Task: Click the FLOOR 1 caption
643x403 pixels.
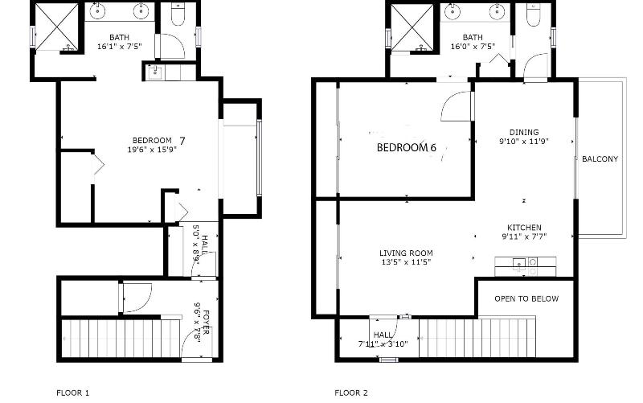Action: tap(72, 393)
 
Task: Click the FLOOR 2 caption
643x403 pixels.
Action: tap(351, 393)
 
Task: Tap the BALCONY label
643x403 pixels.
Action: tap(600, 158)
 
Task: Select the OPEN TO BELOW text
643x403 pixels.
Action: tap(526, 298)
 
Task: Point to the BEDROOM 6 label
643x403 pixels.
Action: tap(407, 147)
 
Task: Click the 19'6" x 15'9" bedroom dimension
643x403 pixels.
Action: tap(152, 150)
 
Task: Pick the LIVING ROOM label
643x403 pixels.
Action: tap(406, 253)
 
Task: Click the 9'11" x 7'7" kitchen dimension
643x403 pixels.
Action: tap(525, 236)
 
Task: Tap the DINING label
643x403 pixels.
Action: tap(524, 132)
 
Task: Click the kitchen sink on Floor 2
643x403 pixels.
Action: tap(519, 263)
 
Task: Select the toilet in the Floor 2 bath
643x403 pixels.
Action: tap(533, 14)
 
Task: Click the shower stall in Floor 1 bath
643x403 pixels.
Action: tap(56, 27)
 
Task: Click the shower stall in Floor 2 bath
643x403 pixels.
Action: tap(412, 27)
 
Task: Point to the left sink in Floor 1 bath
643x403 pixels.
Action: tap(97, 11)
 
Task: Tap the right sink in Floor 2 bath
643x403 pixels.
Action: tap(497, 11)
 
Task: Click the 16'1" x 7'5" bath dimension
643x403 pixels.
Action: tap(119, 47)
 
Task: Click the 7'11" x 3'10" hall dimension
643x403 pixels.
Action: tap(383, 344)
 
